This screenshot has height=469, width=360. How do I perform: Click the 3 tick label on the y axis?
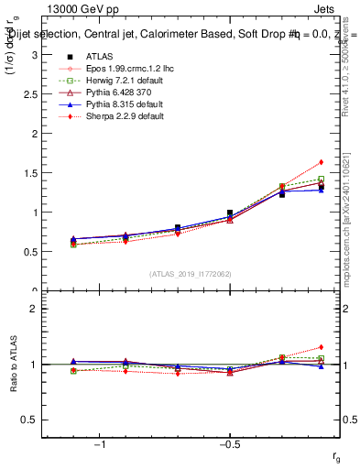click(x=34, y=55)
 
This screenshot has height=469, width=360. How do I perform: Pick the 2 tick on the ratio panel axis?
click(x=34, y=309)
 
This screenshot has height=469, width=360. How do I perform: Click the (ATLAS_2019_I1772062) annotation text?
click(x=191, y=274)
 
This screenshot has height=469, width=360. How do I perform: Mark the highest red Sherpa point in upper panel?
click(x=321, y=162)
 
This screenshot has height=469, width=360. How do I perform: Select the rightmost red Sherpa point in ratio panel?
click(x=321, y=347)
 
